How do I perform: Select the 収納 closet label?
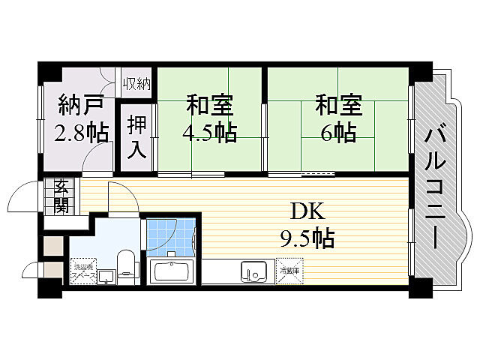(137, 81)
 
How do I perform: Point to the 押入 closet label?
(136, 136)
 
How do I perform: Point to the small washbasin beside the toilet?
(106, 275)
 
